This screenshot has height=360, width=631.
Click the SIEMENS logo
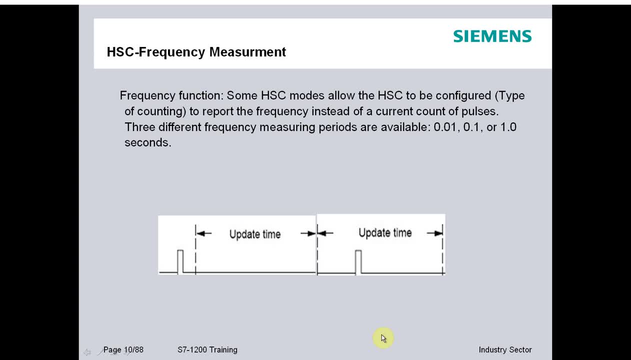492,36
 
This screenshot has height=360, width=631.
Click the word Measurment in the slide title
247,52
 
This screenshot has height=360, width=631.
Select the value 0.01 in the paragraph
445,127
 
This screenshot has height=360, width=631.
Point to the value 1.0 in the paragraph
508,127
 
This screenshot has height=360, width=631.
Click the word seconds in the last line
148,142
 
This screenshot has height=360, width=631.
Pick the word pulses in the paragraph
479,111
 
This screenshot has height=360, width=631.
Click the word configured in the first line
463,96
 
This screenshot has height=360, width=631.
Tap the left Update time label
255,234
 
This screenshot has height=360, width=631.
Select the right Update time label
385,233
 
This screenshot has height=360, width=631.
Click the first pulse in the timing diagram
180,261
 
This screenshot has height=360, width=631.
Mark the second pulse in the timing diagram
358,261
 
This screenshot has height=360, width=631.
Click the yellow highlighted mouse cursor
383,338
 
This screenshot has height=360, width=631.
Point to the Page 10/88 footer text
123,350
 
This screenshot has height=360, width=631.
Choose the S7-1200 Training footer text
207,350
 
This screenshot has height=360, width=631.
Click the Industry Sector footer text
505,350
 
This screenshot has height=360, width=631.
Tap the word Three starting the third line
139,127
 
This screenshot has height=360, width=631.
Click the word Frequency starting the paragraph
147,96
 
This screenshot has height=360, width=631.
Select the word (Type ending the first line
510,96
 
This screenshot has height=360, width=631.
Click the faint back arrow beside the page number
87,352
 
